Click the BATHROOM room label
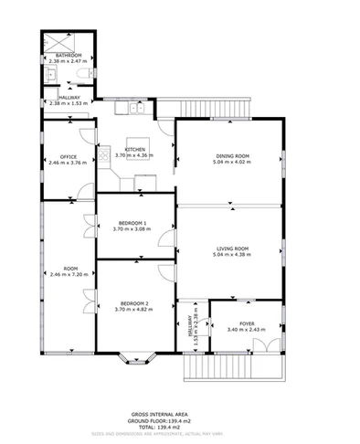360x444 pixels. pyautogui.click(x=69, y=56)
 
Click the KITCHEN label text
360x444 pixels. pyautogui.click(x=135, y=149)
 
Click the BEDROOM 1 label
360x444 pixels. pyautogui.click(x=134, y=223)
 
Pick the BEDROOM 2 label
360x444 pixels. pyautogui.click(x=134, y=303)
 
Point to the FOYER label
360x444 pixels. pyautogui.click(x=247, y=323)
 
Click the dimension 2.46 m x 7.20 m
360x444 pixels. pyautogui.click(x=68, y=274)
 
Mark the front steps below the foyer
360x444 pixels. pyautogui.click(x=234, y=369)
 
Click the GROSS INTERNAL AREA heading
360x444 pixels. pyautogui.click(x=180, y=413)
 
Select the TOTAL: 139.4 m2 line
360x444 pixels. pyautogui.click(x=180, y=427)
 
